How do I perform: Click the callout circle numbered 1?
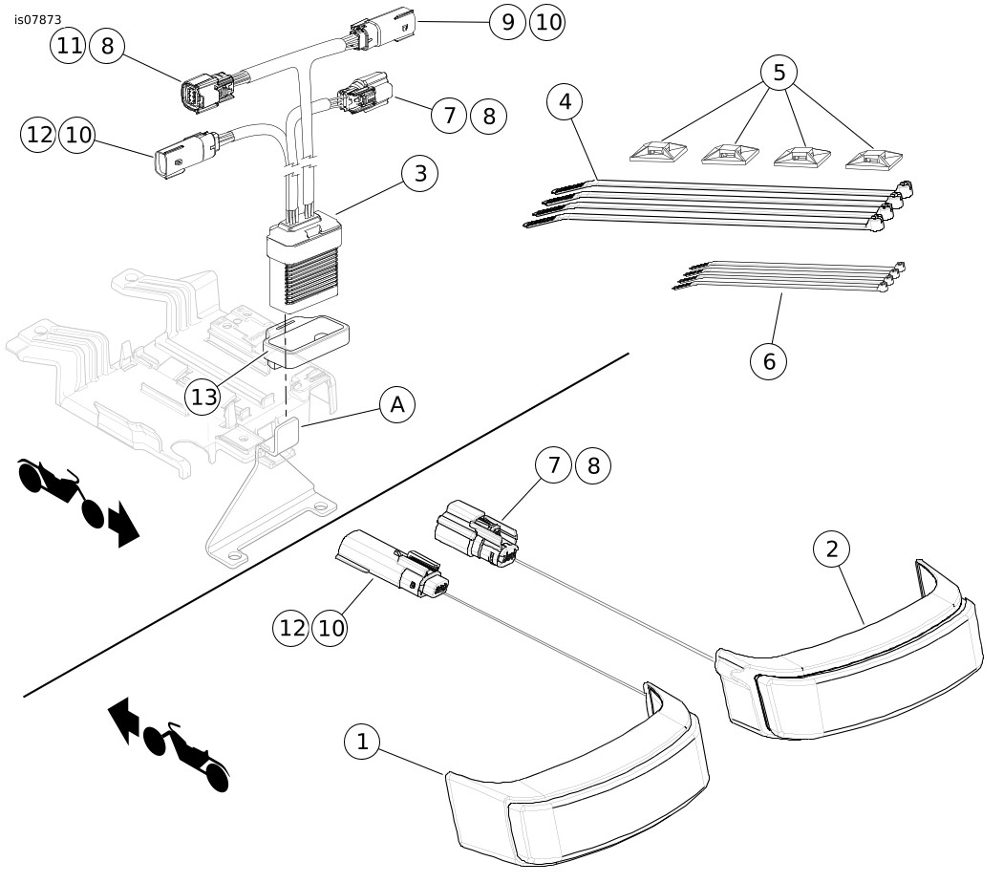click(362, 742)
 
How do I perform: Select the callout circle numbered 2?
click(832, 549)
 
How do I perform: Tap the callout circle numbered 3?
click(420, 173)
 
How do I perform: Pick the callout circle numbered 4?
click(566, 101)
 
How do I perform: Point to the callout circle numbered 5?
click(779, 73)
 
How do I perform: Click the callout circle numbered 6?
click(769, 361)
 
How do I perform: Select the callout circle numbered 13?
click(203, 398)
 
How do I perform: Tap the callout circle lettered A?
click(397, 405)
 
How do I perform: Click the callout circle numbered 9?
click(508, 22)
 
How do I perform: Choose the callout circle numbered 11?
click(69, 46)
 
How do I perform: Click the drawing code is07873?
click(38, 20)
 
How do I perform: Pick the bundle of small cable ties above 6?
click(790, 276)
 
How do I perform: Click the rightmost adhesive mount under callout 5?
click(873, 160)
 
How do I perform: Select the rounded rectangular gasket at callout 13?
click(307, 339)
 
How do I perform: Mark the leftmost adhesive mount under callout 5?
click(658, 152)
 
